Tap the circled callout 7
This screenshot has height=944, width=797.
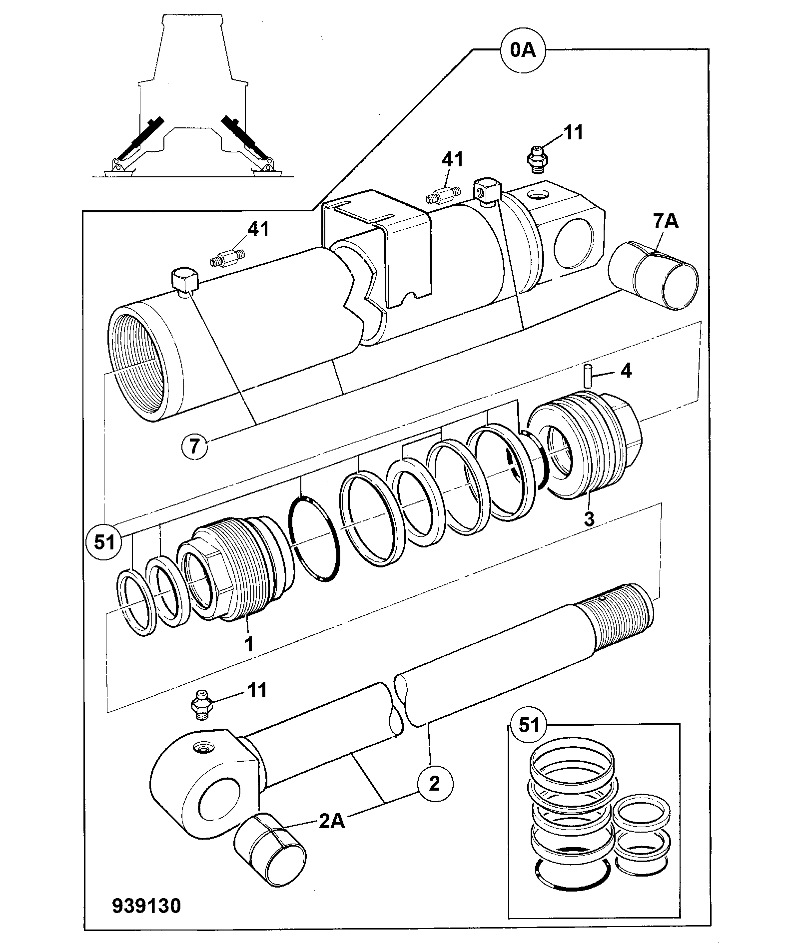coord(195,446)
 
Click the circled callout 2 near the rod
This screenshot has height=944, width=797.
coord(434,783)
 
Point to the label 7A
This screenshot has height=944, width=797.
coord(665,221)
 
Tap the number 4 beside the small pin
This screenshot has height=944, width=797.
coord(626,371)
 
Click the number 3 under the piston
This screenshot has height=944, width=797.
coord(590,518)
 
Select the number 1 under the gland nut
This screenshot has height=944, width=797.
coord(248,643)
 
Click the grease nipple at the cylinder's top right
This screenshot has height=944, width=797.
coord(537,159)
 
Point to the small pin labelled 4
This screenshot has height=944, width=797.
coord(588,376)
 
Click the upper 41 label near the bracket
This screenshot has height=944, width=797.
coord(452,160)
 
